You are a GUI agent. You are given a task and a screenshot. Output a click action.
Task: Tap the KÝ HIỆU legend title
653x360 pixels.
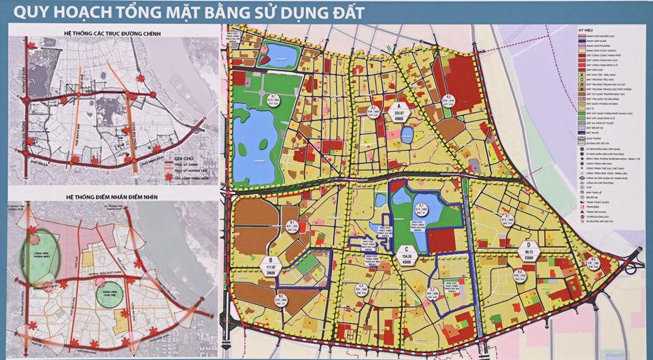coord(584,32)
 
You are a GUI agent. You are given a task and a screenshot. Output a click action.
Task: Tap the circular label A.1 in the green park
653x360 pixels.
coord(252,99)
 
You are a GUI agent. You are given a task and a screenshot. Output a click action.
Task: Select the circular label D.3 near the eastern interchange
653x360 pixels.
coord(593,265)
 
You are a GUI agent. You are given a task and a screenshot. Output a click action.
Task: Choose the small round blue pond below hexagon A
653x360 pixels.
coord(406,135)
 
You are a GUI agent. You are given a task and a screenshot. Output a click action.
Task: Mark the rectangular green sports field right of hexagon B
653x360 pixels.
coord(308,264)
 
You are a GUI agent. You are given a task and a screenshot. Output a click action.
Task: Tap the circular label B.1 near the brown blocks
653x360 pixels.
coord(292,227)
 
